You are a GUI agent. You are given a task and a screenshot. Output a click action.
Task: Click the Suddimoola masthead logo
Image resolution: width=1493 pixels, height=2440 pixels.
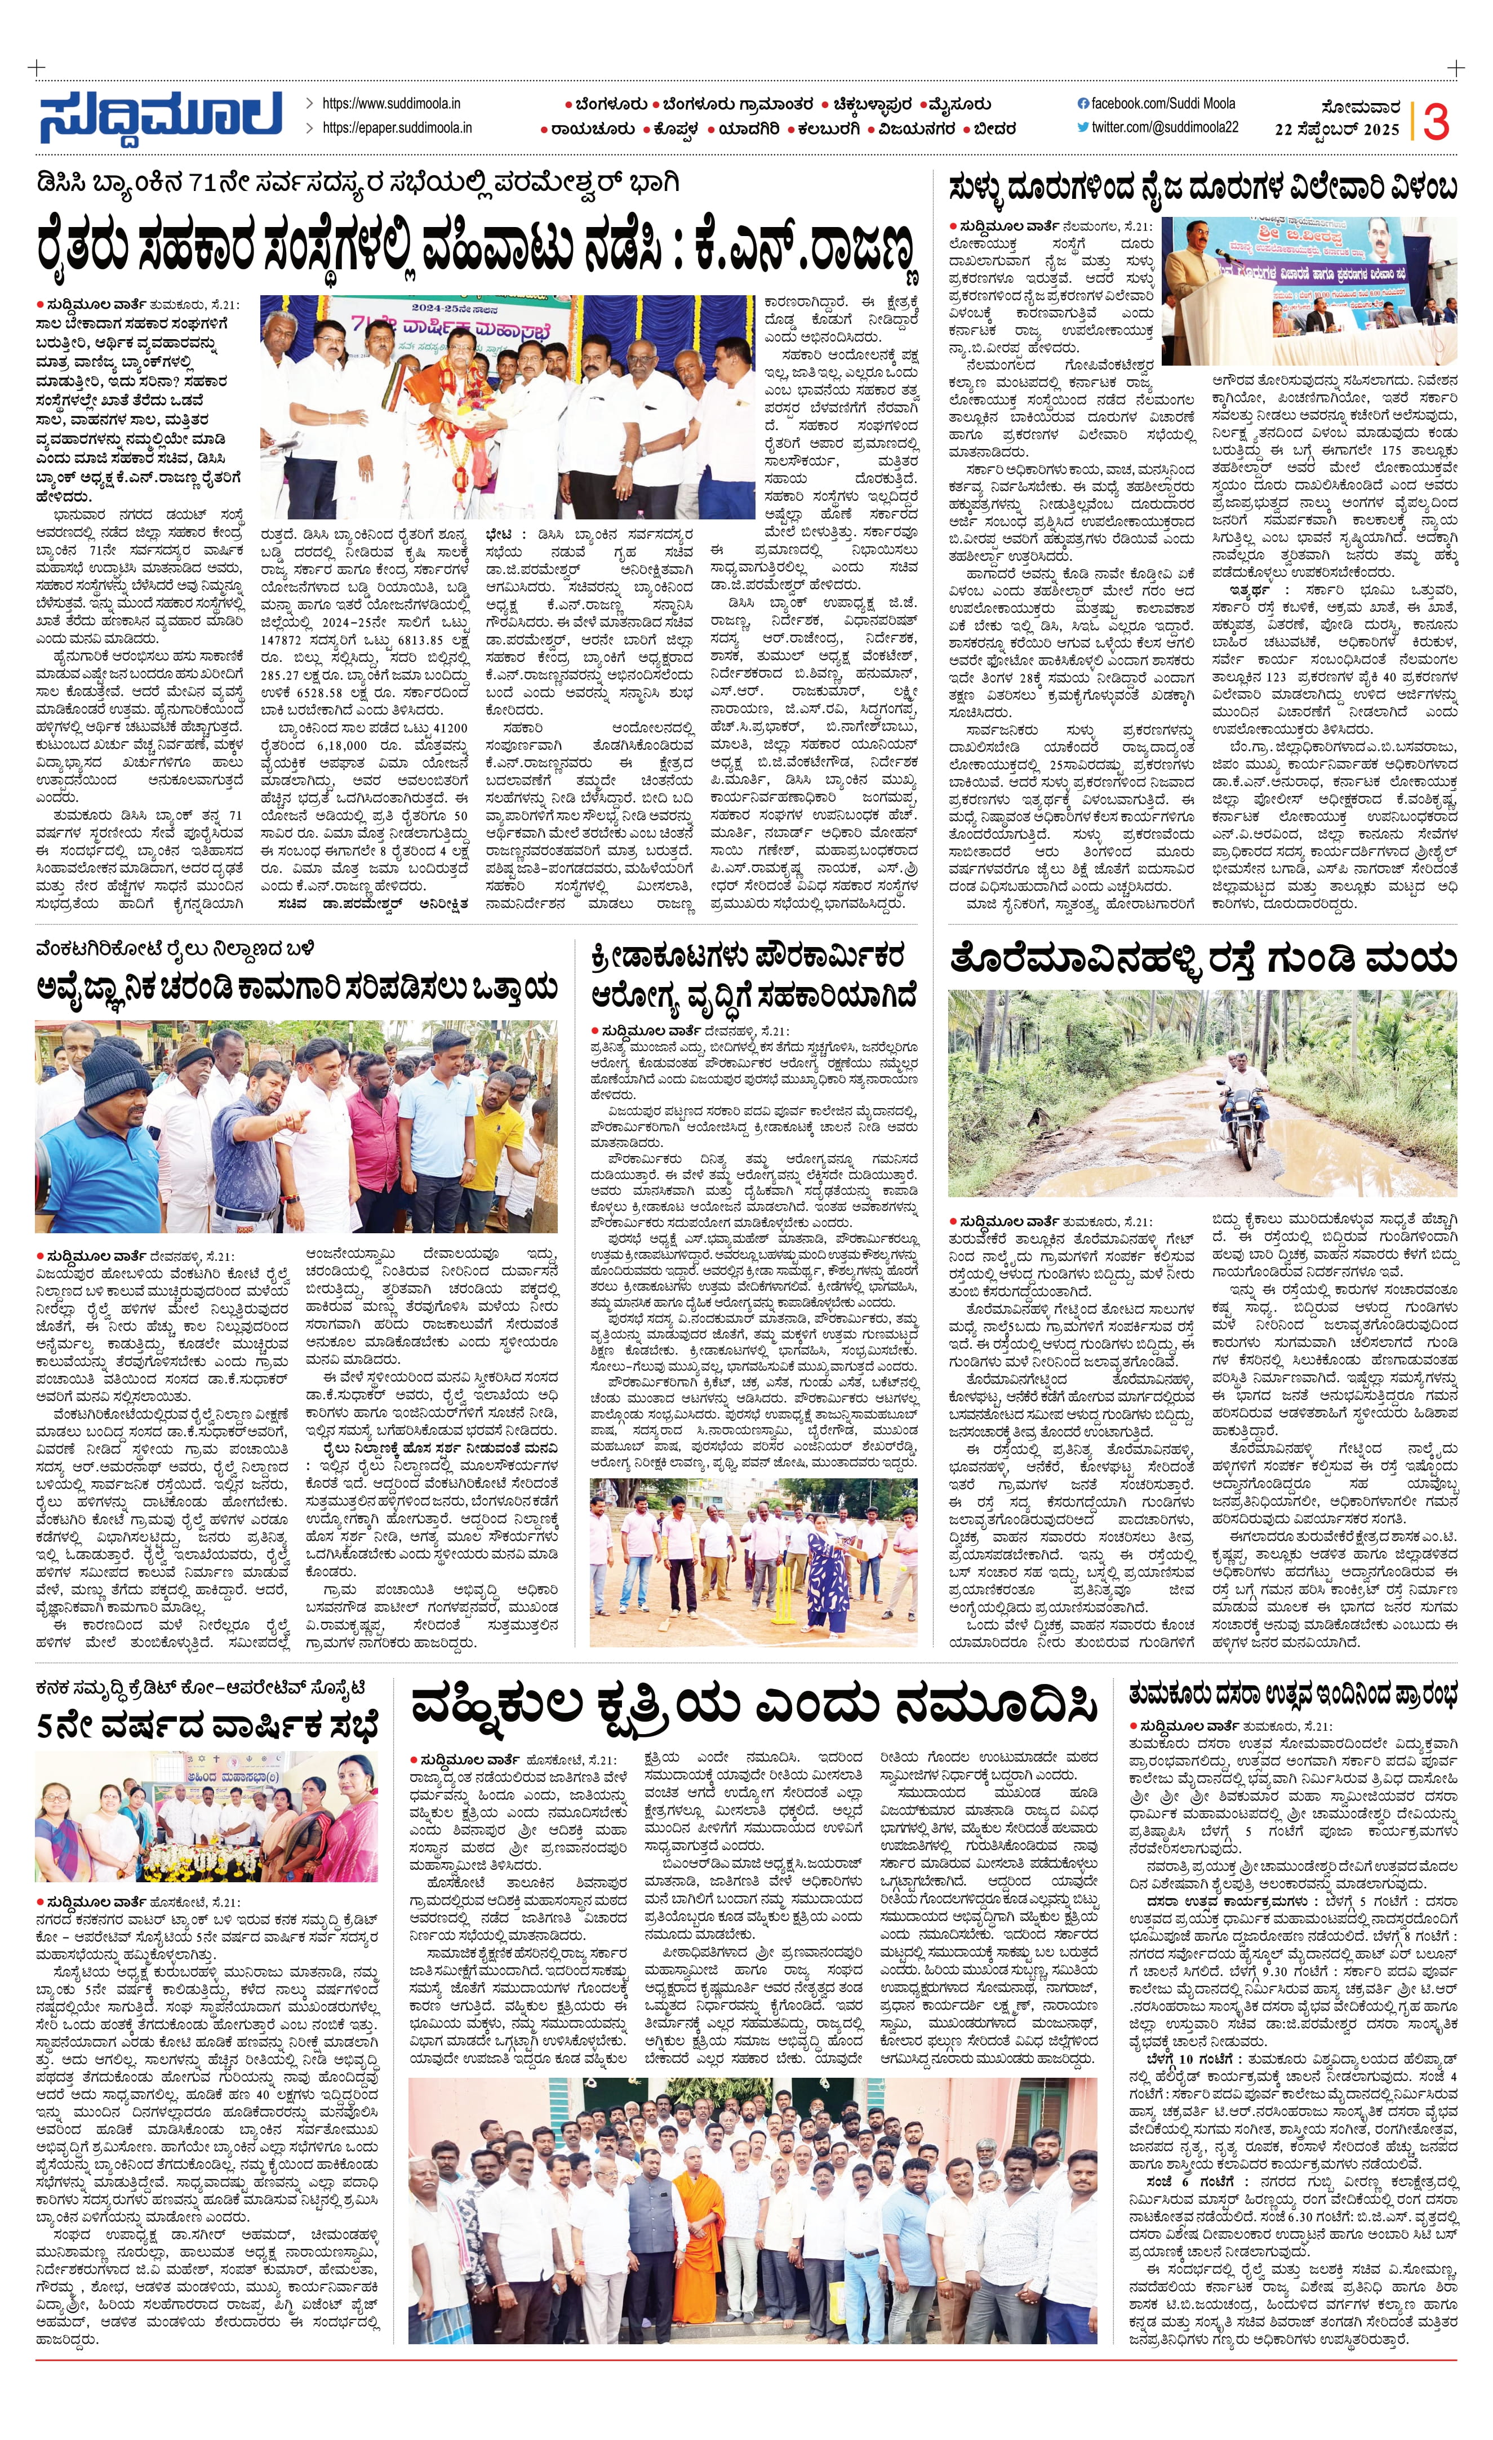(161, 116)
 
